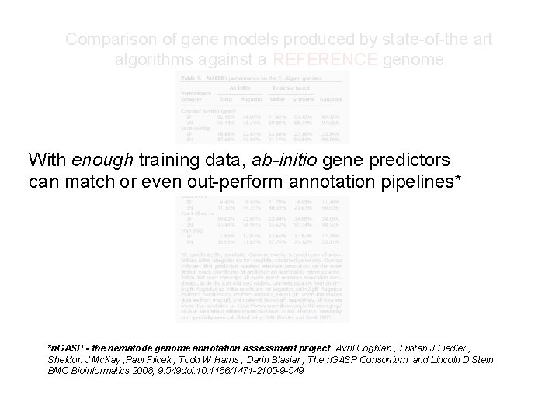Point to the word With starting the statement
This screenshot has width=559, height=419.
tap(47, 161)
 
